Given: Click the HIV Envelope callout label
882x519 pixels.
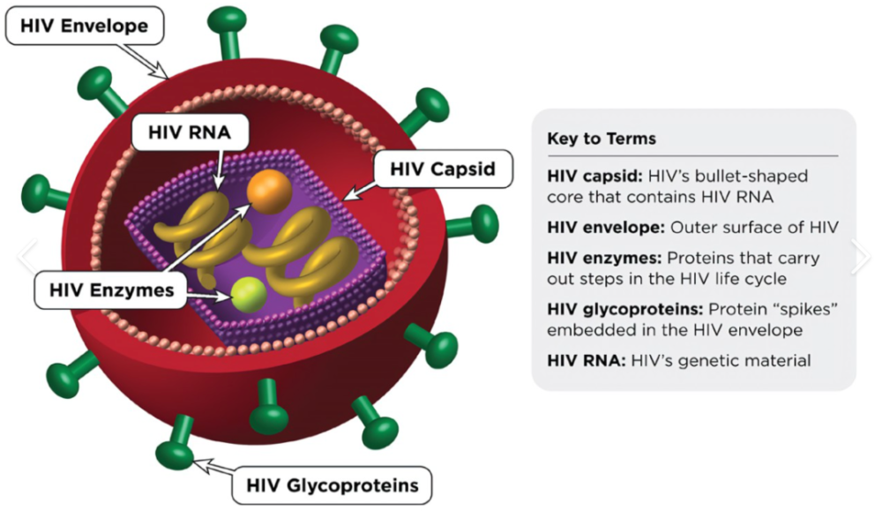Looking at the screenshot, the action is point(85,26).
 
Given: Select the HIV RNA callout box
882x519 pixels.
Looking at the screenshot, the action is point(190,132).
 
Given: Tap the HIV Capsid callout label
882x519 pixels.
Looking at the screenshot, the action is point(443,169).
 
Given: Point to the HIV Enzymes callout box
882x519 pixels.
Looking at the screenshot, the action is point(111,290).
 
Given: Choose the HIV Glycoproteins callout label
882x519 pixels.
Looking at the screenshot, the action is point(332,485).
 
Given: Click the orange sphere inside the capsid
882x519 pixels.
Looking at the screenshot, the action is point(269,192).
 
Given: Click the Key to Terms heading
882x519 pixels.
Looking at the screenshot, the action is point(602,139).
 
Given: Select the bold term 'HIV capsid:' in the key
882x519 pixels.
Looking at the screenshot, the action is point(594,177).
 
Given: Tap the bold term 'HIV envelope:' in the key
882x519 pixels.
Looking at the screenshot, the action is point(606,228).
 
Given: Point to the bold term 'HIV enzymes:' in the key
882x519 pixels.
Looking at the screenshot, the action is point(604,258).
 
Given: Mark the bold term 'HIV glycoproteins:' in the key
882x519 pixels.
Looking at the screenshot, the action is point(625,309).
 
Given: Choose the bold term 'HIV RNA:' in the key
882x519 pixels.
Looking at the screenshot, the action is point(587,360).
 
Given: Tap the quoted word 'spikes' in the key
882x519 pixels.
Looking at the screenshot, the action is point(805,309).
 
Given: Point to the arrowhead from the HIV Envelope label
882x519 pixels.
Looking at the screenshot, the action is point(161,72).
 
